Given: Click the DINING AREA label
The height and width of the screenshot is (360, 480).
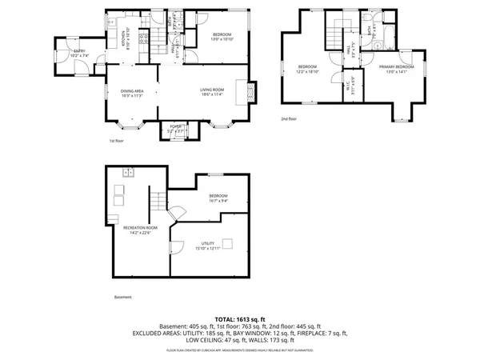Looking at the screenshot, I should pyautogui.click(x=132, y=90).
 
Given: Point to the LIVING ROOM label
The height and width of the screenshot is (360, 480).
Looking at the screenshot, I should pyautogui.click(x=212, y=90).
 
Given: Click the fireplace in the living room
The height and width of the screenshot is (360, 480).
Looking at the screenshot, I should pyautogui.click(x=251, y=92).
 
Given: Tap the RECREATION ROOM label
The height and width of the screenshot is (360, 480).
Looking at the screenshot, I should pyautogui.click(x=140, y=228).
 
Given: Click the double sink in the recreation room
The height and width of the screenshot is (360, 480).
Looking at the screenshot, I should pyautogui.click(x=127, y=173).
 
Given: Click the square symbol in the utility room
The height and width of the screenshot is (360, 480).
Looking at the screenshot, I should pyautogui.click(x=227, y=243).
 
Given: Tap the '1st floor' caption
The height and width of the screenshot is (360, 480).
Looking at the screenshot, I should pyautogui.click(x=117, y=141).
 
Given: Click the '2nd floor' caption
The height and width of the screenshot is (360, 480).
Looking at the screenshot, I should pyautogui.click(x=288, y=118).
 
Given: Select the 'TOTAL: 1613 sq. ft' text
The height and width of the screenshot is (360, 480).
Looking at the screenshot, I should pyautogui.click(x=240, y=318).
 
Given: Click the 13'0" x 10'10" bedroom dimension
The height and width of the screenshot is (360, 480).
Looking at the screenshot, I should pyautogui.click(x=222, y=38).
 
